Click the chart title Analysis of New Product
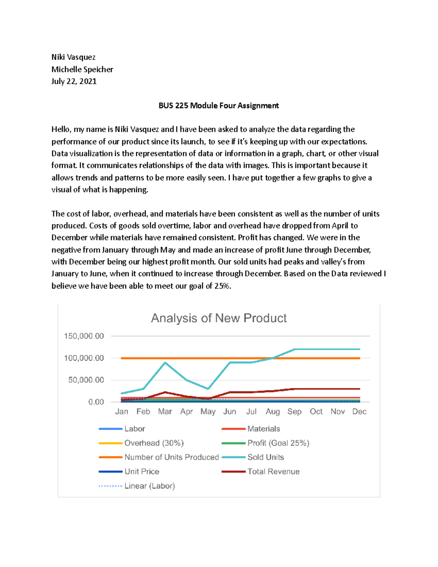point(219,318)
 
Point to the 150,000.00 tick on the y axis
point(84,336)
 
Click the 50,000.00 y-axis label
point(86,380)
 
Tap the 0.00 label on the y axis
point(96,402)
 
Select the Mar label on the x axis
point(165,411)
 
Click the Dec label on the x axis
point(359,411)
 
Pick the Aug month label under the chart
point(273,411)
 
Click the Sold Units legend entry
point(265,457)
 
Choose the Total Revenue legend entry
point(273,471)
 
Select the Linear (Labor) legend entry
point(149,486)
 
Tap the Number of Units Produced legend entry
point(171,457)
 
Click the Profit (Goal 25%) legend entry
point(278,443)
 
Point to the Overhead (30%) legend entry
point(154,443)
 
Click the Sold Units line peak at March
point(165,363)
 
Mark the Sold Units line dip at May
point(208,389)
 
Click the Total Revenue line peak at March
point(165,392)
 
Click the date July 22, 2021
point(74,81)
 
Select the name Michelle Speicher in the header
point(82,69)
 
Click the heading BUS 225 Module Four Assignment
point(218,106)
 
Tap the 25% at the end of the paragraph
point(222,286)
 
